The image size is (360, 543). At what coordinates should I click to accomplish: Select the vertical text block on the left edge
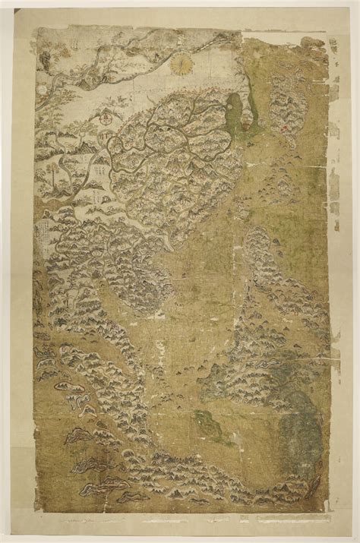click(x=44, y=228)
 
